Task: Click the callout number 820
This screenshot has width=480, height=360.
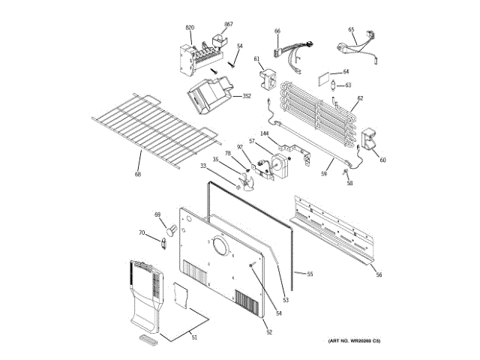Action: coord(190,28)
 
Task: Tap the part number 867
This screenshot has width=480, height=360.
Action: coord(228,24)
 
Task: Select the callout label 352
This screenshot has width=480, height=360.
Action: coord(247,96)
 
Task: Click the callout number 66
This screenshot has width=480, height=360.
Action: coord(277,31)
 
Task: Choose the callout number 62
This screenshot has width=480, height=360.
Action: coord(360,98)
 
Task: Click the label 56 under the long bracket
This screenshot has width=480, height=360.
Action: coord(379,274)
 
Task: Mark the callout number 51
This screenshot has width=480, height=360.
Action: coord(193,337)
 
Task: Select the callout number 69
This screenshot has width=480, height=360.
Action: coord(157,215)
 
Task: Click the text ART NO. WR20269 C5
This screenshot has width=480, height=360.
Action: coord(354,342)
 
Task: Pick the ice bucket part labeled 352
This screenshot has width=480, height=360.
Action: coord(210,97)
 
